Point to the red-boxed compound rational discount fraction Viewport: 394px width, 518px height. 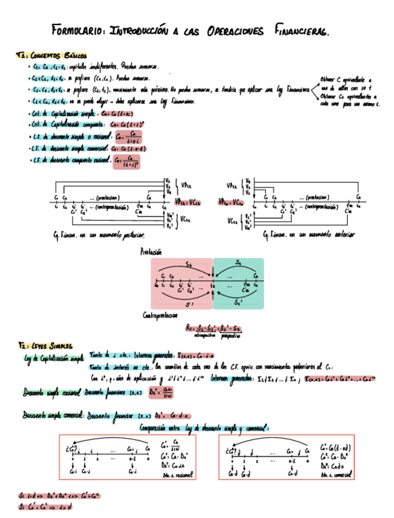[x=127, y=161]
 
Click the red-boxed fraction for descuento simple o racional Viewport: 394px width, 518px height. [x=127, y=137]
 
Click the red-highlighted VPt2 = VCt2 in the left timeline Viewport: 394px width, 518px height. [x=187, y=202]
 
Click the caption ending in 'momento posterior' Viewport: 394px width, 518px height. [x=99, y=235]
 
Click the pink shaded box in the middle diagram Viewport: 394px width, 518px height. [x=181, y=283]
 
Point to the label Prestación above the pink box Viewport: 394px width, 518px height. [x=151, y=251]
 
